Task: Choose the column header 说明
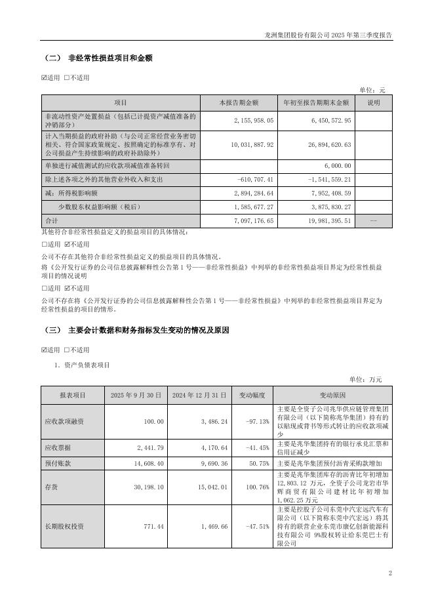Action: [373, 103]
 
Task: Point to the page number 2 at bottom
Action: [389, 574]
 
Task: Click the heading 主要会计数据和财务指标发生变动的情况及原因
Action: [149, 330]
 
